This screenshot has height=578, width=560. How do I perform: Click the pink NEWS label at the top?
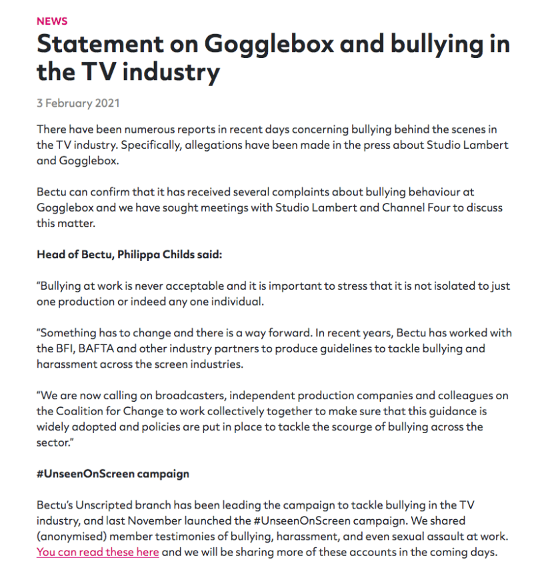point(52,21)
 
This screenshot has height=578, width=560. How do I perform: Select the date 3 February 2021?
point(78,103)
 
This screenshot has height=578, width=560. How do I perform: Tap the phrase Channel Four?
point(415,208)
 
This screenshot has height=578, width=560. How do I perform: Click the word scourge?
point(348,427)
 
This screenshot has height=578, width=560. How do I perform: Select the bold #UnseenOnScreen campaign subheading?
point(113,474)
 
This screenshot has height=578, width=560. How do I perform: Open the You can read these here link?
point(98,552)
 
